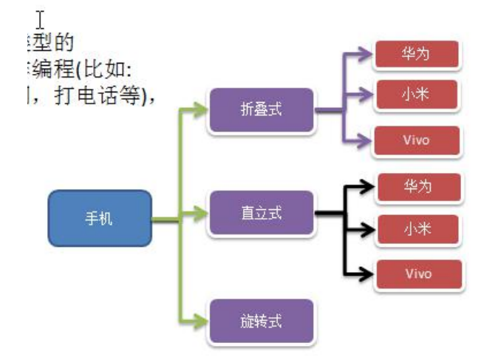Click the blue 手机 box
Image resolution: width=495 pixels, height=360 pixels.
[100, 219]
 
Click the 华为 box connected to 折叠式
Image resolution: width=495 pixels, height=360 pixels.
[417, 55]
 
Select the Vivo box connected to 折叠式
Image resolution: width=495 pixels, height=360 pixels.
[417, 140]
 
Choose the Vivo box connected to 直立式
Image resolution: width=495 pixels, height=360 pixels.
[419, 274]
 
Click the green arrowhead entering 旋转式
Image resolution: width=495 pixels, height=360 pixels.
[201, 321]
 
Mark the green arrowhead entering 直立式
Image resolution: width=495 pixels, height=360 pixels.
[201, 217]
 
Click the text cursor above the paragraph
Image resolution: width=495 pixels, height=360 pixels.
[41, 17]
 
